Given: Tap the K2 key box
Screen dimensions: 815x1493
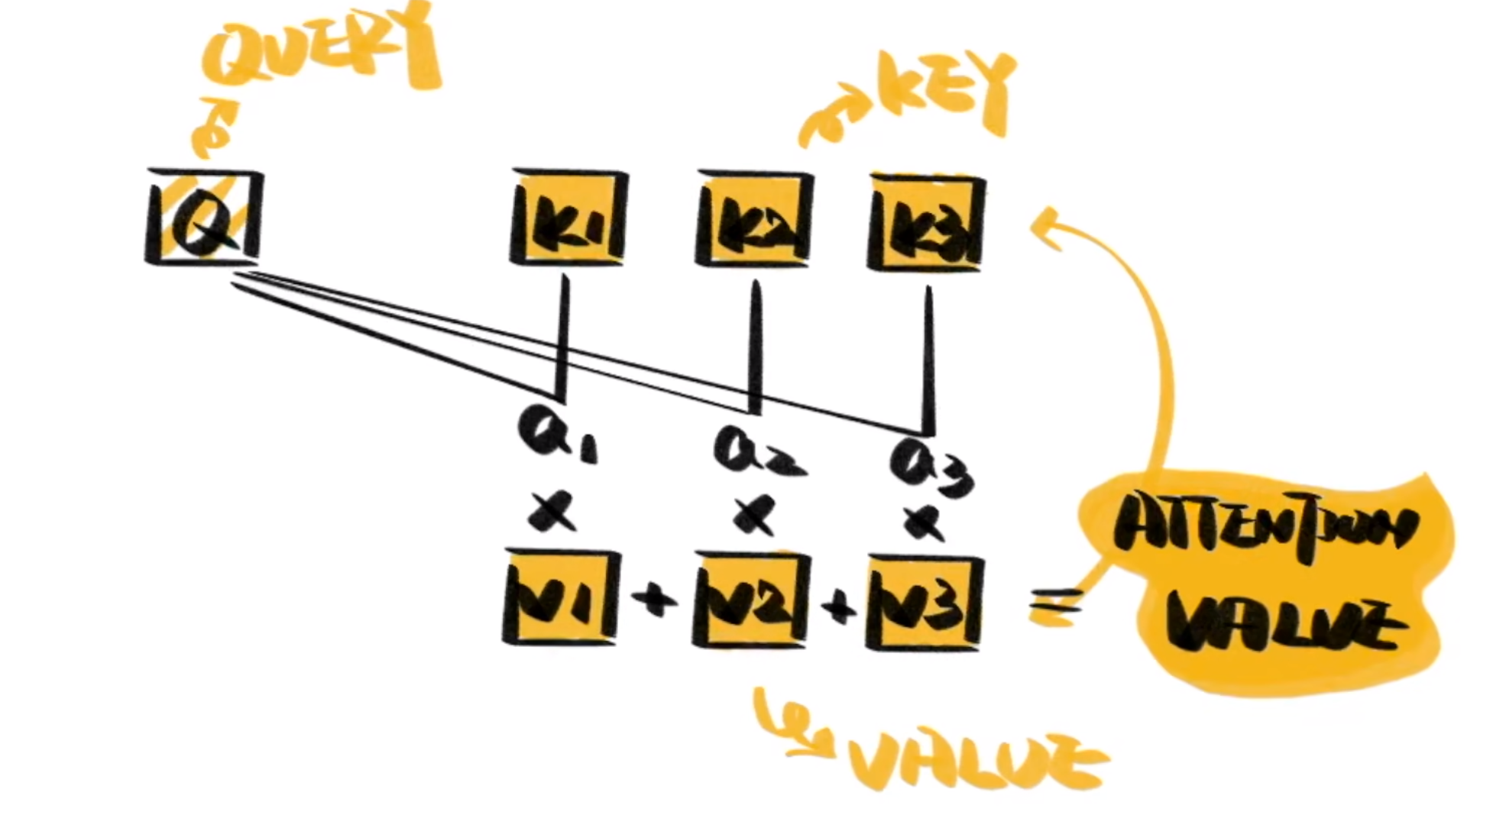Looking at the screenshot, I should coord(754,221).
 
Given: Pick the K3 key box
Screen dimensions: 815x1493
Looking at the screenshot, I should coord(927,223).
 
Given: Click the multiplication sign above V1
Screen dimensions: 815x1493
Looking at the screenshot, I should coord(552,511).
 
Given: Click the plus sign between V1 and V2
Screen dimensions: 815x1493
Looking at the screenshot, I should coord(655,600).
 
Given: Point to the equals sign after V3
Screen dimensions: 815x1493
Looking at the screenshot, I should coord(1054,607).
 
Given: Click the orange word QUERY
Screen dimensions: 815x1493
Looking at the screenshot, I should coord(321,46).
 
